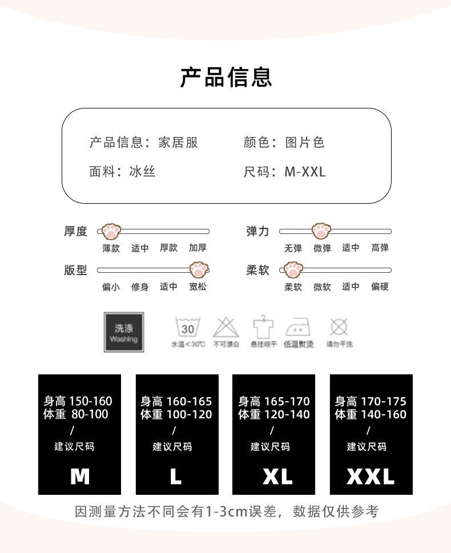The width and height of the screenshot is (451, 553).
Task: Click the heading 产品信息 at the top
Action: pyautogui.click(x=226, y=77)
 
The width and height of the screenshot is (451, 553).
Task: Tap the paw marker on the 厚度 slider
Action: pyautogui.click(x=111, y=231)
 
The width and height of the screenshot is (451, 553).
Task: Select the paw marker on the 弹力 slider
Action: pyautogui.click(x=321, y=231)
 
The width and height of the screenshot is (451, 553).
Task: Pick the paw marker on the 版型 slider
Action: pyautogui.click(x=199, y=270)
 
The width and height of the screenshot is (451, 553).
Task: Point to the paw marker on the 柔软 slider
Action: pyautogui.click(x=293, y=270)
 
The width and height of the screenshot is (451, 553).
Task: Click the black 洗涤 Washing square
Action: pyautogui.click(x=123, y=332)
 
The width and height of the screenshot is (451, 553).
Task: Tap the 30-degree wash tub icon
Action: pyautogui.click(x=188, y=328)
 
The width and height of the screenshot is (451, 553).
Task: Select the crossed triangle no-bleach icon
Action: pyautogui.click(x=226, y=328)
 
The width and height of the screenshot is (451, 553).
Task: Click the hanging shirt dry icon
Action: pyautogui.click(x=263, y=326)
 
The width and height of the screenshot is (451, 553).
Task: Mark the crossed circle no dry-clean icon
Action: pyautogui.click(x=339, y=327)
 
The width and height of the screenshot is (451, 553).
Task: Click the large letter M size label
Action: pyautogui.click(x=80, y=476)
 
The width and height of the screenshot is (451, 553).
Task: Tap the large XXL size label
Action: pyautogui.click(x=371, y=476)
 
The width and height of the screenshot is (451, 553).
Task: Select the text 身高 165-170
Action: pyautogui.click(x=274, y=401)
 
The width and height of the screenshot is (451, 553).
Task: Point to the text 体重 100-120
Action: pyautogui.click(x=176, y=414)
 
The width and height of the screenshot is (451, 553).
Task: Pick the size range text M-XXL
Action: pyautogui.click(x=305, y=171)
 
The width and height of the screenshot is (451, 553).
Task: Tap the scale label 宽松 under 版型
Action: pyautogui.click(x=198, y=286)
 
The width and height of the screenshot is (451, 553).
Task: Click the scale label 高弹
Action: pyautogui.click(x=380, y=248)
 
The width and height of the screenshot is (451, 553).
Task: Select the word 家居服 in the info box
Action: pyautogui.click(x=178, y=143)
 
